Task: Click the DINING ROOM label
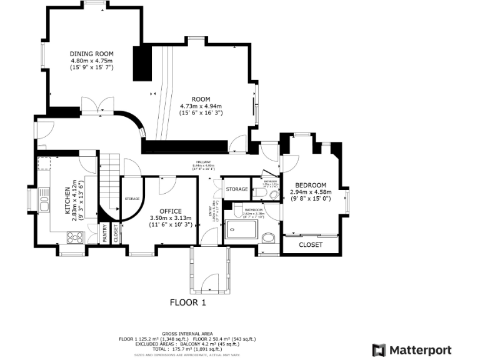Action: (x=91, y=54)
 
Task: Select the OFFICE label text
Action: (x=170, y=211)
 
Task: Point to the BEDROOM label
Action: (x=310, y=185)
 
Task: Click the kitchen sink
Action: (x=44, y=204)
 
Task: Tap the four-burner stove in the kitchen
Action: (x=75, y=237)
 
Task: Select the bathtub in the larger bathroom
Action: (x=241, y=229)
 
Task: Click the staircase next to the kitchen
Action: (x=110, y=181)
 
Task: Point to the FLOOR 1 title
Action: (x=188, y=302)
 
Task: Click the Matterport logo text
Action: (x=420, y=349)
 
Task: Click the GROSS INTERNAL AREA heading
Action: (x=187, y=334)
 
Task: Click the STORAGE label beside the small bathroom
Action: (x=237, y=189)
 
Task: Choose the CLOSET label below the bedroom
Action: (x=311, y=244)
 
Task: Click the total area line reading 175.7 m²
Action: (x=187, y=348)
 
